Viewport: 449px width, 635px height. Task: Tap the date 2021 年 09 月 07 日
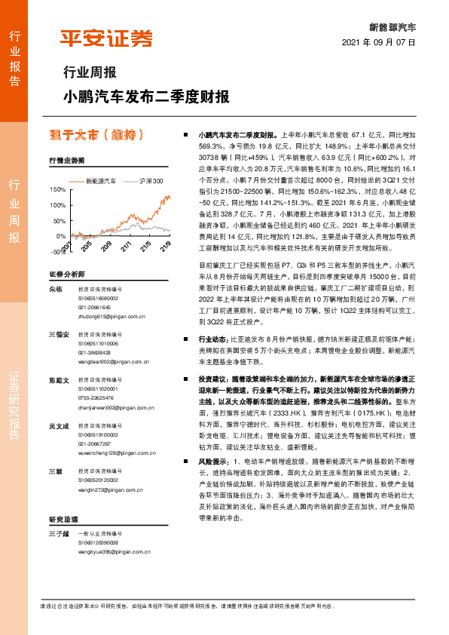pyautogui.click(x=379, y=42)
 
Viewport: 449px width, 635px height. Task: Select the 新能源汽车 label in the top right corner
pyautogui.click(x=393, y=26)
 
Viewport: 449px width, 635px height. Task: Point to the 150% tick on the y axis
pyautogui.click(x=57, y=190)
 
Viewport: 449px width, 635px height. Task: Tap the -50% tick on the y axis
pyautogui.click(x=57, y=252)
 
